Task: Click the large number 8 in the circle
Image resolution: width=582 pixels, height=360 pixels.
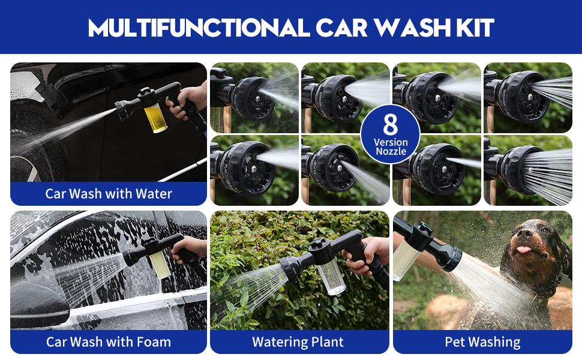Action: (x=391, y=124)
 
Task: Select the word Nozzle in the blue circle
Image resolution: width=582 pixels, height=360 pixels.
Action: (x=391, y=152)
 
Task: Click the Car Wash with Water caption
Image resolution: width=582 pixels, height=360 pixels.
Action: (x=109, y=194)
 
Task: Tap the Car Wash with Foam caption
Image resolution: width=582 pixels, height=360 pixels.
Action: (x=109, y=342)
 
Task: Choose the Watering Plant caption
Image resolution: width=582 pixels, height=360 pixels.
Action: (x=298, y=342)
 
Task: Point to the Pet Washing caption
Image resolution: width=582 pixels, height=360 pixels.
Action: (x=482, y=342)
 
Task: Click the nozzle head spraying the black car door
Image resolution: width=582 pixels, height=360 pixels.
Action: (x=125, y=109)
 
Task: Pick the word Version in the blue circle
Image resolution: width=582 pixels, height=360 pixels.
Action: (x=391, y=142)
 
